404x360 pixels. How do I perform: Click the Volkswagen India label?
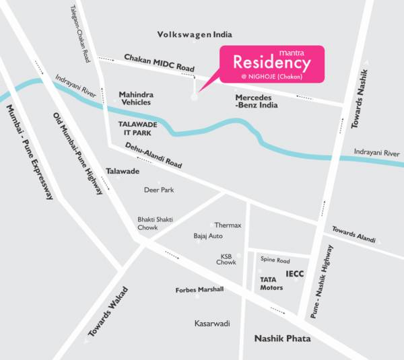tap(194, 34)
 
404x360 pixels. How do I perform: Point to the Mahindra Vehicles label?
tap(135, 98)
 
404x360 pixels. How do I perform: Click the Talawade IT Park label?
tap(137, 129)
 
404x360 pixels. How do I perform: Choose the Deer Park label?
tap(159, 190)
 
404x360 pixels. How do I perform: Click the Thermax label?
tap(228, 225)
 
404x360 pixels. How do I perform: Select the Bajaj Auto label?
tap(208, 236)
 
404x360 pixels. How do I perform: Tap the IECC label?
tap(296, 273)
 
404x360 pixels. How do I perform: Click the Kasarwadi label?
tap(212, 324)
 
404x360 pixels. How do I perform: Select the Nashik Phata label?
tap(281, 338)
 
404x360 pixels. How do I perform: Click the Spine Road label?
tap(275, 260)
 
